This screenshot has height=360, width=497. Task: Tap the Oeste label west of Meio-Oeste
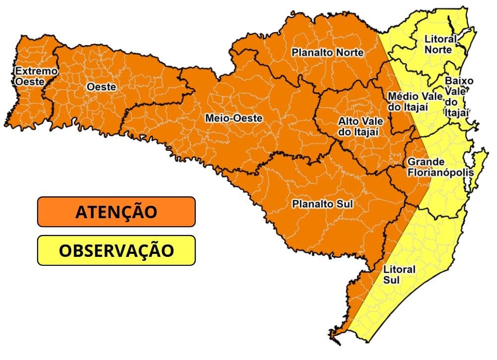pos(101,87)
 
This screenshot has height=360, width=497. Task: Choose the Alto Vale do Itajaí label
pos(358,126)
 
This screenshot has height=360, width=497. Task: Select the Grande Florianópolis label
pos(440,168)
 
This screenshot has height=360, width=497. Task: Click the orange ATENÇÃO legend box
pos(116,212)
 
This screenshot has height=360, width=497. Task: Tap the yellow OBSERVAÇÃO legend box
pos(116,250)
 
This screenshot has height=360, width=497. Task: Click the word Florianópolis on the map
pos(440,173)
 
